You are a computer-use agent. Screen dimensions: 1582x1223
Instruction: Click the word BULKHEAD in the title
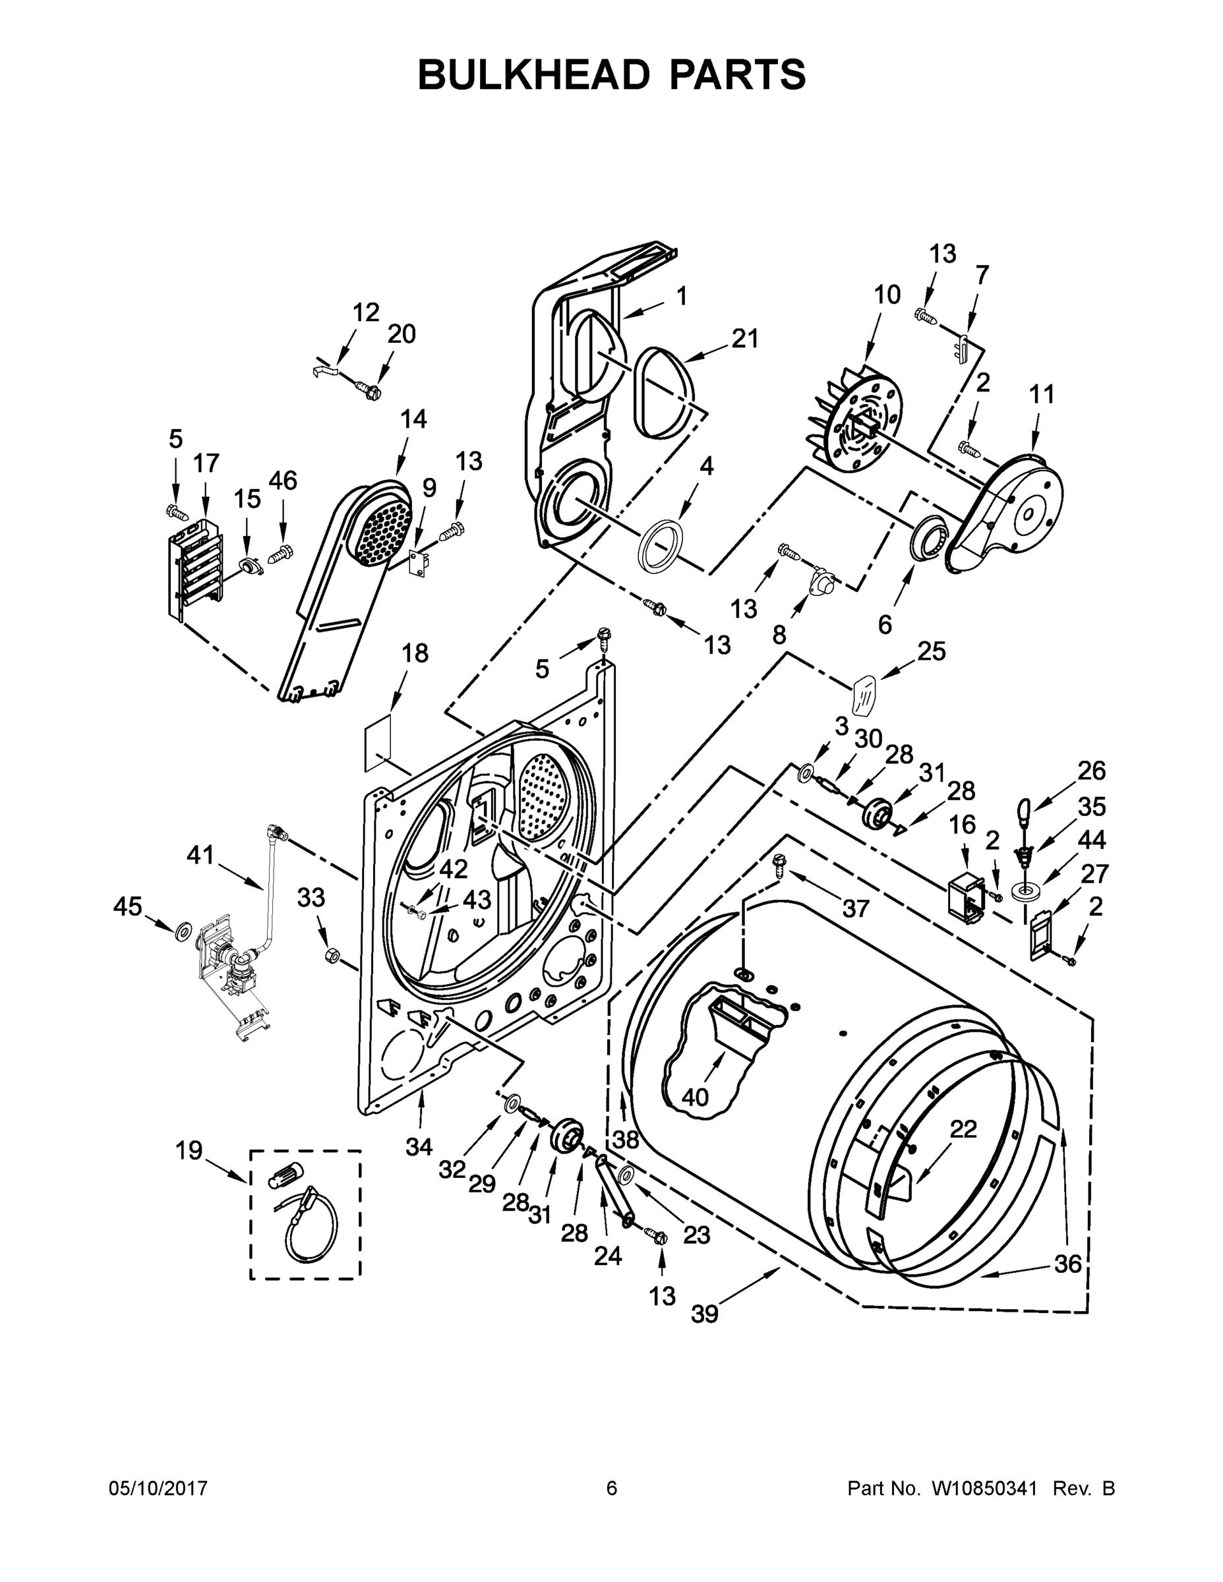533,74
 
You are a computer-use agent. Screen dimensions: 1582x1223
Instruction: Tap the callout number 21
744,338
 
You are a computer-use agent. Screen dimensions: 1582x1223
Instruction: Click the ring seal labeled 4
659,544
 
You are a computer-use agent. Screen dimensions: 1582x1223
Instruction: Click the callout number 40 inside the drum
695,1098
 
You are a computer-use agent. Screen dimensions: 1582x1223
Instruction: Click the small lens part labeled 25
862,695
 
